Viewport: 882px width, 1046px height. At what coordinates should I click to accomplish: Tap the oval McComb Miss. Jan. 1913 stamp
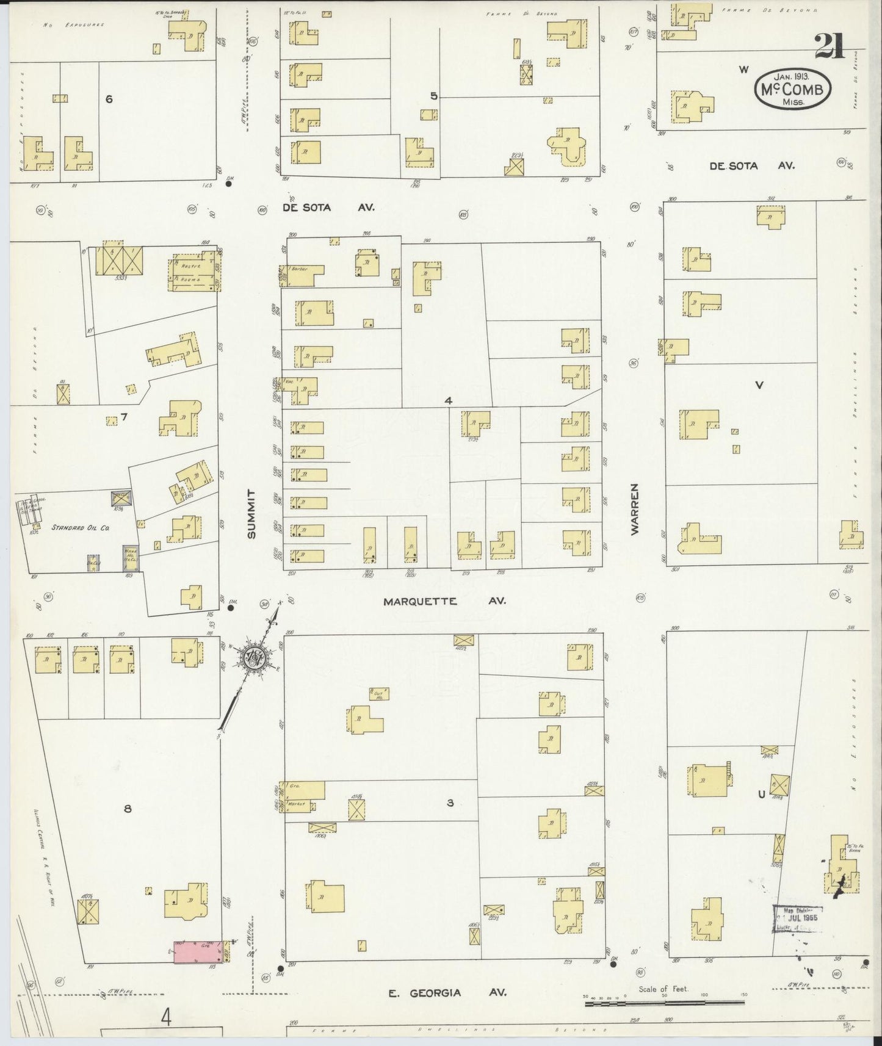tap(792, 89)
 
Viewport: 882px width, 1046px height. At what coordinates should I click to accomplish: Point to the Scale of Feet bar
tap(666, 1002)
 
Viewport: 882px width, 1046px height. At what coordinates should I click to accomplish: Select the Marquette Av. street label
tap(444, 601)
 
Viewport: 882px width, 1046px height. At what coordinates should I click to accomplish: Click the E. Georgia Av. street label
tap(448, 992)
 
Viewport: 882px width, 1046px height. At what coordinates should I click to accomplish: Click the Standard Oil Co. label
tap(80, 527)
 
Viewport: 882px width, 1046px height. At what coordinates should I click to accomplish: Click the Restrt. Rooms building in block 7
tap(192, 273)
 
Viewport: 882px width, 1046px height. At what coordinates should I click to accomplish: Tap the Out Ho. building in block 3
tap(379, 693)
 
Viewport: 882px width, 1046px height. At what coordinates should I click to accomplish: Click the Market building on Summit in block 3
tap(299, 805)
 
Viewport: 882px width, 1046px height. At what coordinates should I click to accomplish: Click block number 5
tap(433, 96)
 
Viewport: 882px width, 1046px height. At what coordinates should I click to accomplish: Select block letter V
tap(759, 385)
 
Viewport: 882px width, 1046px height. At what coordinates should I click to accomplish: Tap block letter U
tap(761, 795)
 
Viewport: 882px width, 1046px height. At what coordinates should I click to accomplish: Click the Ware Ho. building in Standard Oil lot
tap(130, 558)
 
